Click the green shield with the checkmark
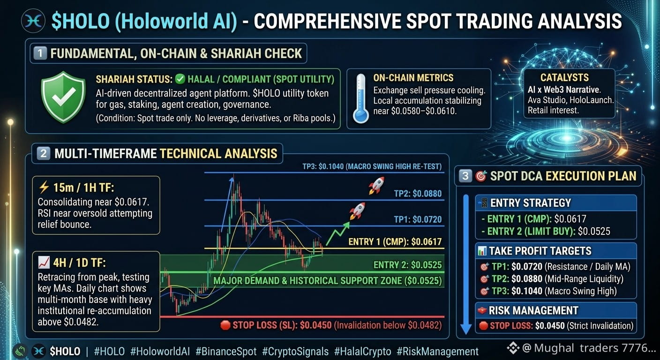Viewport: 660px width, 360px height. (63, 97)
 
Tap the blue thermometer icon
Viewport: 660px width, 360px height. (360, 99)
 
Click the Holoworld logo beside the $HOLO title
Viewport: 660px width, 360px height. (33, 21)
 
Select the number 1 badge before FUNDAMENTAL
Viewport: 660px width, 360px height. (40, 53)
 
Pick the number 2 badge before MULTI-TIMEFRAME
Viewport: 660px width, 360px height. (43, 153)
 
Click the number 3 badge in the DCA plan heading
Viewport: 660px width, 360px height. (465, 176)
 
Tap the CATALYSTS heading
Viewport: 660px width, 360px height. (564, 77)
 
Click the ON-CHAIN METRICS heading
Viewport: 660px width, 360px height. (413, 78)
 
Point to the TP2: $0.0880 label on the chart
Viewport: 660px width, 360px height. (418, 194)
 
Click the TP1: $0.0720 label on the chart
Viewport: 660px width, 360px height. (418, 219)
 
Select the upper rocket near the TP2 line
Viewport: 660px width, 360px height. (376, 185)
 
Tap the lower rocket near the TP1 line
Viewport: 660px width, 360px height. (357, 210)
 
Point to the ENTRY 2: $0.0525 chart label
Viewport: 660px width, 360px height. (407, 265)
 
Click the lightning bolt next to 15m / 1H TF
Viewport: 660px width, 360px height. (44, 187)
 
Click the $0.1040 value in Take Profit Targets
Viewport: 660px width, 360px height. (527, 291)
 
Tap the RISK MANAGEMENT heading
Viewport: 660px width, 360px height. (533, 310)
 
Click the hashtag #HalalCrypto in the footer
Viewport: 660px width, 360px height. (363, 352)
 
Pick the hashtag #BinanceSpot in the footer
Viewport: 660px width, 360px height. (226, 352)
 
